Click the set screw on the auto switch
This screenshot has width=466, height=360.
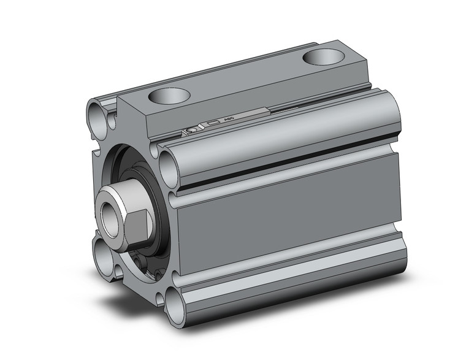(192, 130)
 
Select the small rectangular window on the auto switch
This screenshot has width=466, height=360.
(213, 125)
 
